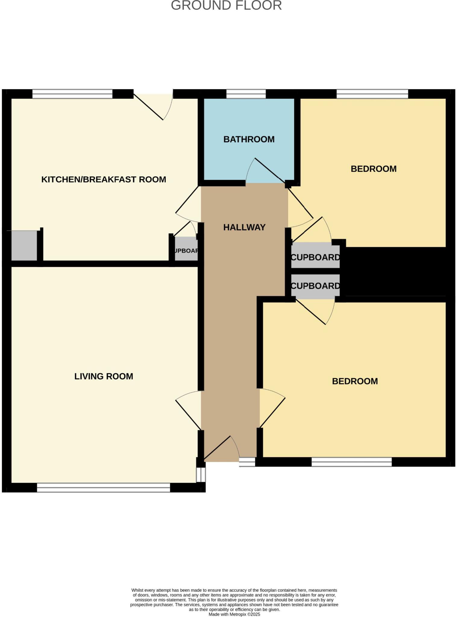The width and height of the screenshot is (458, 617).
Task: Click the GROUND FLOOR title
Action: [x=226, y=5]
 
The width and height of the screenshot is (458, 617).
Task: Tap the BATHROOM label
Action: [x=249, y=139]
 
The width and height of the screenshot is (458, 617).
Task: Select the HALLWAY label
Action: [x=244, y=227]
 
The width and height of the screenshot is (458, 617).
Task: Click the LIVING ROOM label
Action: [x=104, y=376]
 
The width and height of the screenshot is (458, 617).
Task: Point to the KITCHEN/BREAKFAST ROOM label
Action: [x=104, y=180]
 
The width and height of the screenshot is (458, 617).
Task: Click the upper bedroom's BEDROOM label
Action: [x=374, y=169]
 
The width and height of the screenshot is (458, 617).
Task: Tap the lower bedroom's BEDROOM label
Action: [x=355, y=381]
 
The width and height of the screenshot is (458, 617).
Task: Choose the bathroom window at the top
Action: [x=246, y=94]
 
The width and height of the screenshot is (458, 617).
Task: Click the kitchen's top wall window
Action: [x=72, y=94]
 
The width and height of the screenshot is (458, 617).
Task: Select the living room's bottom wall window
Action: [x=103, y=488]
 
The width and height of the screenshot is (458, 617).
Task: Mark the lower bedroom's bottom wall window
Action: [x=352, y=462]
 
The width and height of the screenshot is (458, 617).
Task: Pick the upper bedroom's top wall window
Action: [x=372, y=94]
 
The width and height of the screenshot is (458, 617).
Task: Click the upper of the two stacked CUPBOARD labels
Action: [x=315, y=257]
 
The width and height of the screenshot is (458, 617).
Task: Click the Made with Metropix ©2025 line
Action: [x=234, y=614]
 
